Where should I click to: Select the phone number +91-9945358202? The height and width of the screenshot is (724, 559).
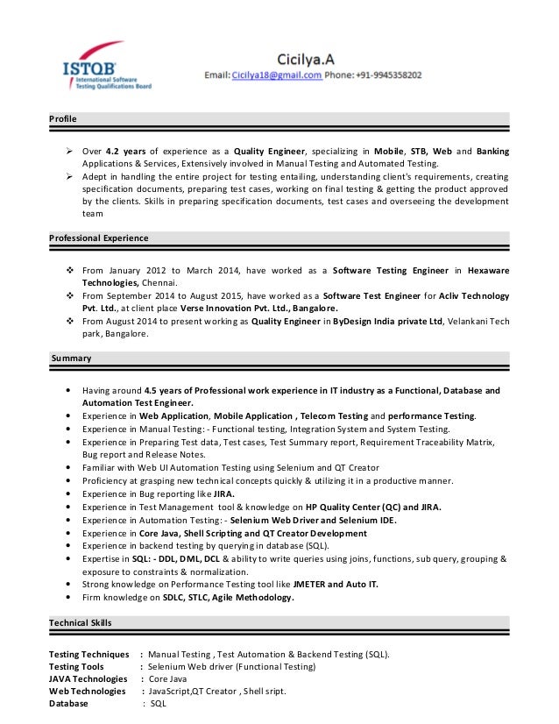pos(388,76)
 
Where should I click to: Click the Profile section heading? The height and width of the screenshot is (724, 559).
pos(63,118)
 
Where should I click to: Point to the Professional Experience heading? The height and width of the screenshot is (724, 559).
pos(99,238)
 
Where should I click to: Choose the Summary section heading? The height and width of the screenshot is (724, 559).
pos(71,358)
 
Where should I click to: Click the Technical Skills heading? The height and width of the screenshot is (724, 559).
pos(81,622)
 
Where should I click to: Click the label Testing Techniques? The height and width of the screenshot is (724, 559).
pos(89,654)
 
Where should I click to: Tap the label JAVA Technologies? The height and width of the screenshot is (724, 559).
pos(88,678)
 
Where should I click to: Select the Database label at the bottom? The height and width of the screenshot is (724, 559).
pos(68,703)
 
